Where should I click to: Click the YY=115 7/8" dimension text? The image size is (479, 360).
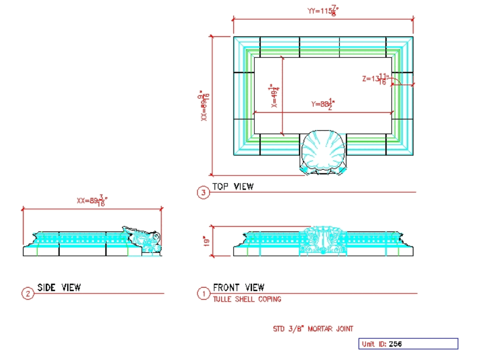(322, 11)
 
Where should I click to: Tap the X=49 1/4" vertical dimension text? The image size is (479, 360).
(274, 96)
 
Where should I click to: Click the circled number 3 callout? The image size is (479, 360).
(203, 193)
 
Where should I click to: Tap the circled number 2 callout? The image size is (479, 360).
(27, 294)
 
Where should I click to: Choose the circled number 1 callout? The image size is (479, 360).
(204, 293)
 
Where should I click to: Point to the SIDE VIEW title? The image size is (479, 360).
(59, 288)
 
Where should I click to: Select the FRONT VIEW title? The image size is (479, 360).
(239, 288)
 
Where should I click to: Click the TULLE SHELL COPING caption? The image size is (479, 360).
(247, 299)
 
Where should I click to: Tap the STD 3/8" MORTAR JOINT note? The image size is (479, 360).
(313, 329)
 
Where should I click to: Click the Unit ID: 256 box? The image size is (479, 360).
(408, 344)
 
